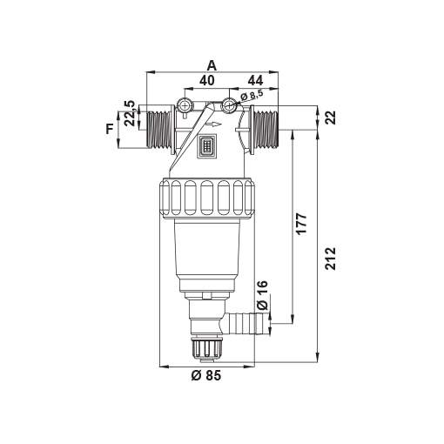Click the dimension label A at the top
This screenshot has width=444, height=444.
(x=212, y=65)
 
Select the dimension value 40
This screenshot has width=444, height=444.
(x=207, y=80)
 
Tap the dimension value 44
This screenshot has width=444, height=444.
(x=255, y=80)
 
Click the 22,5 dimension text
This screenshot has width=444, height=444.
(x=130, y=113)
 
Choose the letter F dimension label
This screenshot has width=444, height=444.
(x=110, y=129)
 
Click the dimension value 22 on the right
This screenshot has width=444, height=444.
(x=331, y=118)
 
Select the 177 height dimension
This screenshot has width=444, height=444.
(x=301, y=224)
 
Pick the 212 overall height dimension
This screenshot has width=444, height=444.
(x=330, y=259)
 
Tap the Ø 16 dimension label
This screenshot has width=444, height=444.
(x=263, y=295)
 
